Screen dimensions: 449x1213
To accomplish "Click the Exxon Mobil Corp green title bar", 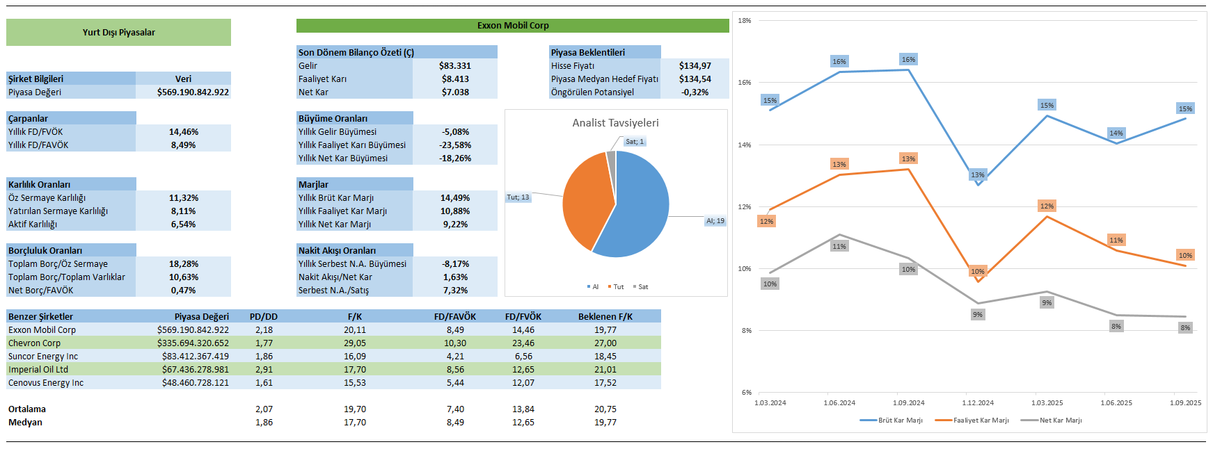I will pos(512,26).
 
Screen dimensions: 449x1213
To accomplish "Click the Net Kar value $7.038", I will pos(455,92).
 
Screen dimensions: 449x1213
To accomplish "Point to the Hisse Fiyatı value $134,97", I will pos(695,66).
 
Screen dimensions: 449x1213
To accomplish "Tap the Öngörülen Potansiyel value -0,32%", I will pos(695,92).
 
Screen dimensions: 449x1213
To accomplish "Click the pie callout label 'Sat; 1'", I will pos(634,142).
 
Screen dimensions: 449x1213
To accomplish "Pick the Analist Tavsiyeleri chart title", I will pos(615,123).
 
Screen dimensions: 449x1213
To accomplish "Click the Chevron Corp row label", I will pos(35,343).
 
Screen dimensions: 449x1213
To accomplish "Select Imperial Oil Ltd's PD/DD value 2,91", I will pos(264,370).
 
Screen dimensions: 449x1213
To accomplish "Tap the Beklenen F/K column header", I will pos(605,317).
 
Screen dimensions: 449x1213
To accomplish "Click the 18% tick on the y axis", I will pos(745,21).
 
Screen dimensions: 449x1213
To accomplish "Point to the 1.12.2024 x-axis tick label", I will pos(978,403).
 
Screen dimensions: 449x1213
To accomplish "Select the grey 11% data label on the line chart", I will pos(839,247).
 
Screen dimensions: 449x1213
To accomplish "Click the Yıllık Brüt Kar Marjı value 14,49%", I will pos(455,198).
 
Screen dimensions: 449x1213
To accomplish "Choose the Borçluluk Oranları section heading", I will pos(45,251).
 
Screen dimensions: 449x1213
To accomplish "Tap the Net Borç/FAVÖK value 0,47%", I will pos(183,291).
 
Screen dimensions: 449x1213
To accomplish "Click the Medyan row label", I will pos(25,423).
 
